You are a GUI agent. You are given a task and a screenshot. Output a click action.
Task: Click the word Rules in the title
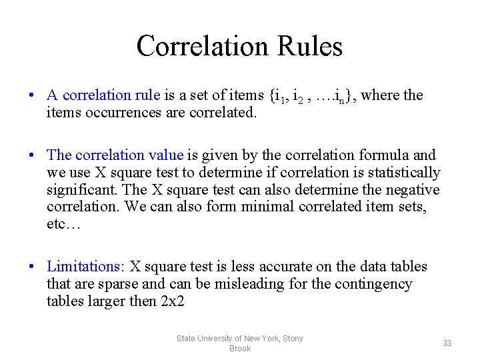(309, 46)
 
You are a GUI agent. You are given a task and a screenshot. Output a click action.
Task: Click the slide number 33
(447, 343)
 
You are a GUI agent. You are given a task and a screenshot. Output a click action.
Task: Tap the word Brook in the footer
(239, 349)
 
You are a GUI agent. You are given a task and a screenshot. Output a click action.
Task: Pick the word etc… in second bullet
(63, 225)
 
